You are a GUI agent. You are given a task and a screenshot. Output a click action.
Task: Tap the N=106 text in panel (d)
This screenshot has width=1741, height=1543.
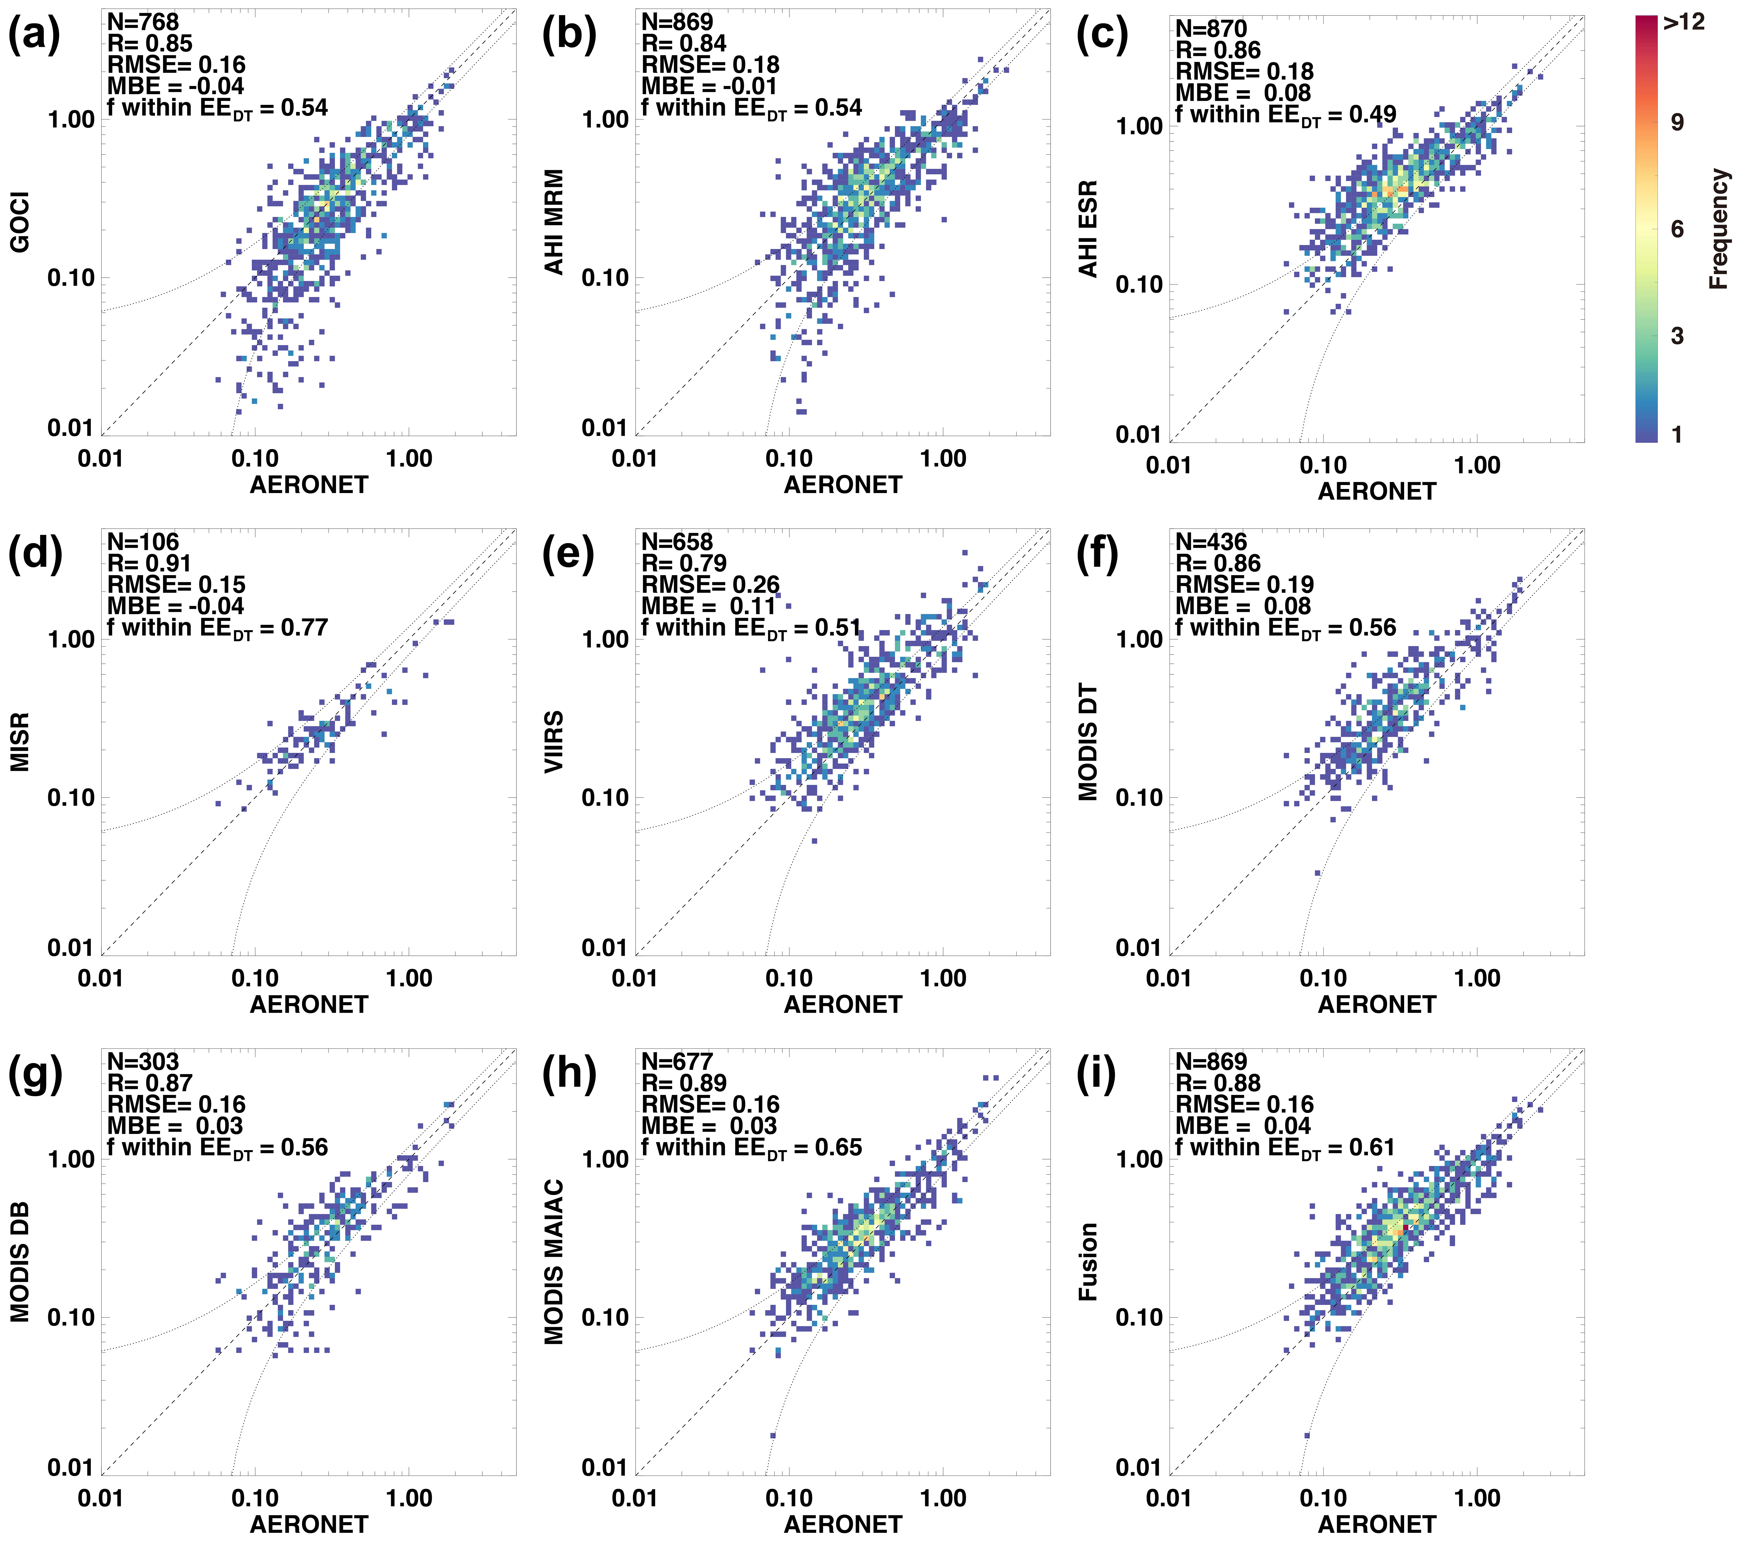click(x=143, y=542)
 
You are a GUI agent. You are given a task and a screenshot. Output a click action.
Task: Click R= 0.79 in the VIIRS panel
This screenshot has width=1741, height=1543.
click(x=684, y=563)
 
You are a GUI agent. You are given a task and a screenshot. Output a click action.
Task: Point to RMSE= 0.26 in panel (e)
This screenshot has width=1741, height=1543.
click(x=710, y=585)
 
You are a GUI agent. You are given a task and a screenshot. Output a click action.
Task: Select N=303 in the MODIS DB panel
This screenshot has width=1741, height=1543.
click(x=143, y=1062)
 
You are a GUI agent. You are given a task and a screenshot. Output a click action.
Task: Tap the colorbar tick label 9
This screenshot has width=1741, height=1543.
click(x=1677, y=123)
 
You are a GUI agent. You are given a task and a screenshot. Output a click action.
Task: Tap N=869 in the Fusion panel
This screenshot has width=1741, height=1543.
click(x=1211, y=1062)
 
